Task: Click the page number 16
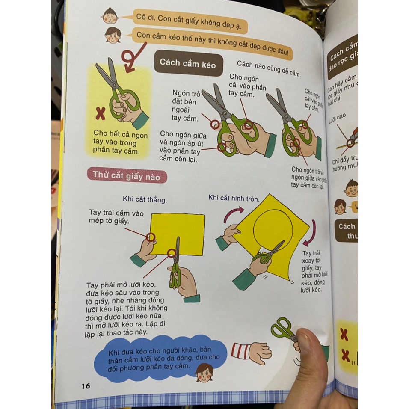point(86,386)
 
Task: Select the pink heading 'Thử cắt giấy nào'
point(127,175)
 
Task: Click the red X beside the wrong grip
point(100,113)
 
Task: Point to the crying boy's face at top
point(109,16)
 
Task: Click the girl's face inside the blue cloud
point(204,372)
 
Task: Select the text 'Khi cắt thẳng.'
point(145,199)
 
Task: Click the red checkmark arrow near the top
point(131,58)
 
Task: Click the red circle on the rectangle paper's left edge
point(150,237)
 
